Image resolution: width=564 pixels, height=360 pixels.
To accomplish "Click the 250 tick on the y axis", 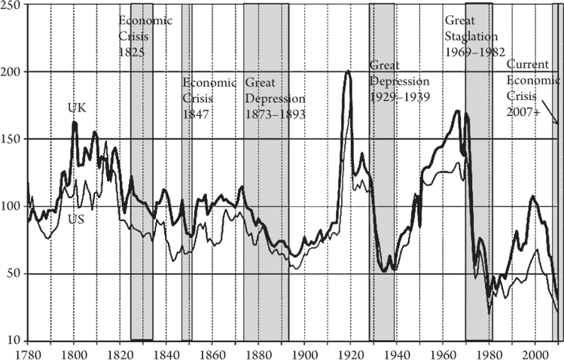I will coord(13,6).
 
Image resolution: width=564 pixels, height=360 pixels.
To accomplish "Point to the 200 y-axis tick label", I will coord(13,72).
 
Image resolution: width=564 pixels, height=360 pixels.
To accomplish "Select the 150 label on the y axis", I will coord(13,139).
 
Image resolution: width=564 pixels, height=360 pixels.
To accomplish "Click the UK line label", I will coord(77,108).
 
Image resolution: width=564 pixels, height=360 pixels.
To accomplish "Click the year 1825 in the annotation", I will coord(131,52).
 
